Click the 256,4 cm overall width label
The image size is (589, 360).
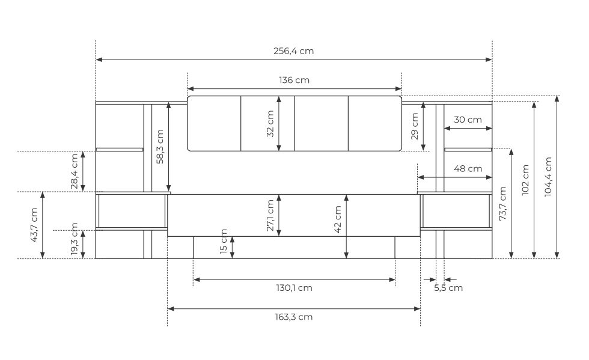tap(293, 51)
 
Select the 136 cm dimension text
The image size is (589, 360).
tap(294, 80)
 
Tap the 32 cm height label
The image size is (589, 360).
tap(270, 124)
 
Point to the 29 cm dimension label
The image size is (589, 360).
tap(415, 127)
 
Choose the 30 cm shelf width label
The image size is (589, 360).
tap(468, 120)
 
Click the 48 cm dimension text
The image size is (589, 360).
tap(468, 169)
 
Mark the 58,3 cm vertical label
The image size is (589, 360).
tap(160, 147)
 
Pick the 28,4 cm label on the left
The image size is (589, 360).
tap(75, 171)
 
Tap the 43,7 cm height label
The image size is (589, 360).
tap(34, 225)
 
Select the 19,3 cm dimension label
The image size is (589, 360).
tap(75, 239)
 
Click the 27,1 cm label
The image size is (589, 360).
tap(270, 215)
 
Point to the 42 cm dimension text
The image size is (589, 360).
tap(338, 219)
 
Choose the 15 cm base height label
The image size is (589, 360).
tap(224, 241)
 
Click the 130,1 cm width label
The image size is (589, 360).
tap(294, 288)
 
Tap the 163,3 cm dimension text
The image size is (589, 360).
tap(294, 317)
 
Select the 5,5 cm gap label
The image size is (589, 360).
tap(448, 288)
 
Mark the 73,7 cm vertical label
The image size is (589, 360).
tap(502, 203)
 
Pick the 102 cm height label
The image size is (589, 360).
tap(525, 180)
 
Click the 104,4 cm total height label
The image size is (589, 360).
tap(548, 177)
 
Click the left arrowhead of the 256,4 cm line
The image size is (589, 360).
tap(99, 59)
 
